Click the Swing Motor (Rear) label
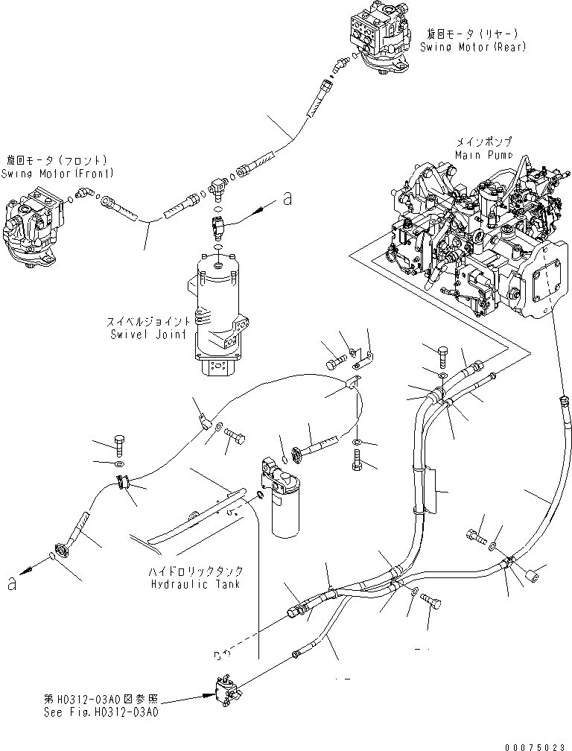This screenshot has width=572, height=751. [473, 41]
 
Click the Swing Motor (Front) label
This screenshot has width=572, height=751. [58, 167]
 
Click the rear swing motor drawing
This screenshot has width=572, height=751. [380, 41]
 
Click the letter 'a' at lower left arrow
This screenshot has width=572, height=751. [11, 583]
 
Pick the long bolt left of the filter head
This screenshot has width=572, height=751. [317, 447]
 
